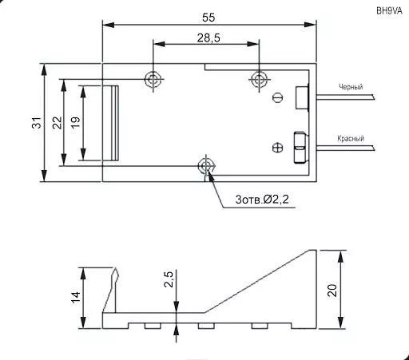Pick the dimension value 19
click(75, 123)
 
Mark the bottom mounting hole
click(206, 166)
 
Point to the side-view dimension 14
click(75, 297)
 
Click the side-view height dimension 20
click(332, 289)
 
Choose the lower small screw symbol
click(277, 147)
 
